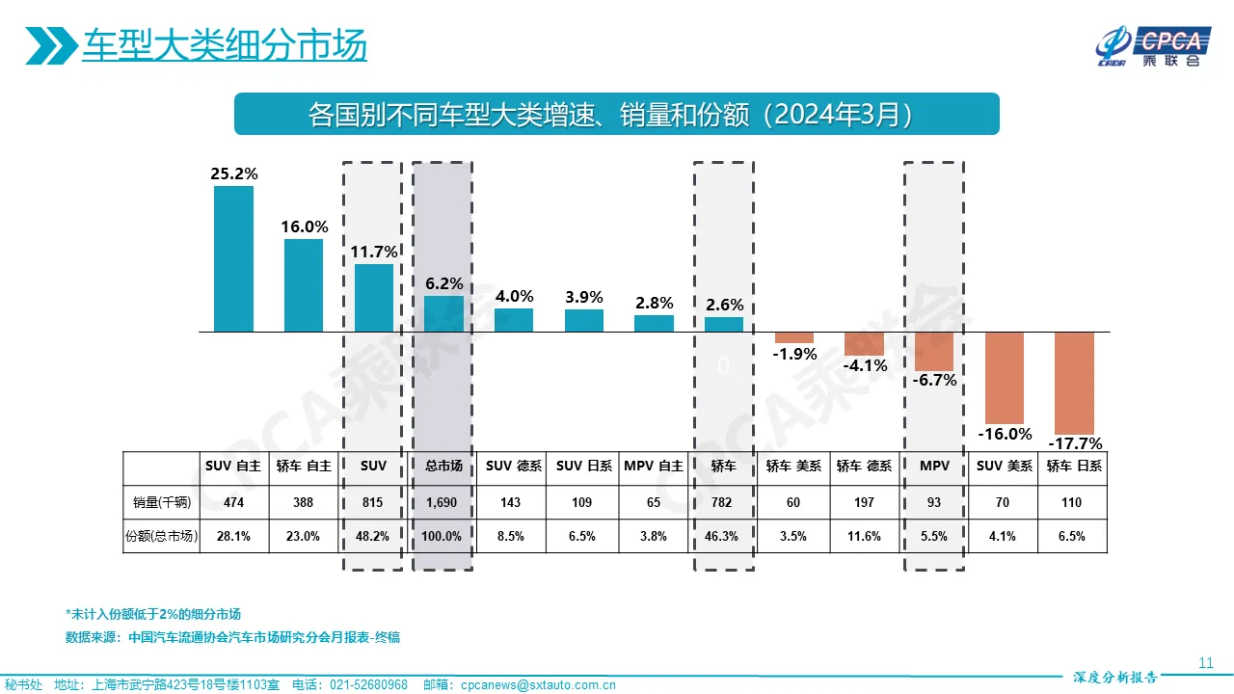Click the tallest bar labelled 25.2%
click(x=233, y=258)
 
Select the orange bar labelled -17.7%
click(x=1074, y=383)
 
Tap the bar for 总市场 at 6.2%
click(x=443, y=313)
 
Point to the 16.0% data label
click(x=305, y=227)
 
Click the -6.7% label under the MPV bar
click(x=934, y=380)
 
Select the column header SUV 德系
click(x=514, y=466)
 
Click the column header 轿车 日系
click(x=1074, y=466)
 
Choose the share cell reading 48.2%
click(x=373, y=537)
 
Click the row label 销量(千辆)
click(x=161, y=502)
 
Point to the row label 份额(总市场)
click(x=161, y=537)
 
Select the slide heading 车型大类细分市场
click(x=224, y=45)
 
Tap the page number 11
click(x=1205, y=662)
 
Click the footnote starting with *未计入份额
click(x=152, y=614)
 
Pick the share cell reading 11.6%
click(x=863, y=537)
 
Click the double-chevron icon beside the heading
click(x=50, y=45)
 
